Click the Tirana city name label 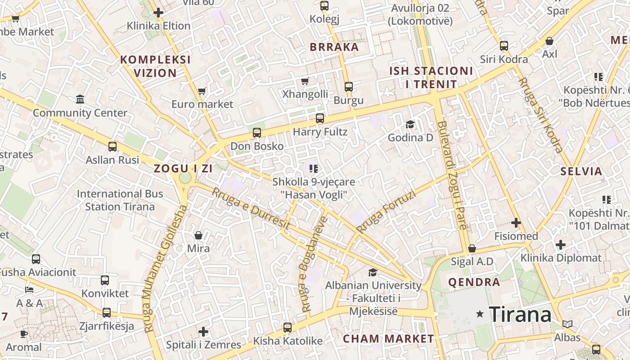pyautogui.click(x=520, y=314)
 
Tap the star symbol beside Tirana pyautogui.click(x=480, y=314)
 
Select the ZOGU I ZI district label pyautogui.click(x=183, y=169)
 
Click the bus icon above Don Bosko pyautogui.click(x=257, y=133)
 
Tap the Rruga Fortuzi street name pyautogui.click(x=385, y=211)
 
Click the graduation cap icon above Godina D pyautogui.click(x=410, y=124)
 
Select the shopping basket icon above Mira pyautogui.click(x=198, y=235)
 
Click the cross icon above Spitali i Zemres pyautogui.click(x=203, y=332)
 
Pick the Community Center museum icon pyautogui.click(x=80, y=99)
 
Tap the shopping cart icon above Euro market pyautogui.click(x=202, y=91)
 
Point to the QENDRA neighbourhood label pyautogui.click(x=474, y=283)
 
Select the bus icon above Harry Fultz pyautogui.click(x=320, y=118)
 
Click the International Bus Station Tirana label pyautogui.click(x=120, y=200)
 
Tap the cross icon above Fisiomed pyautogui.click(x=516, y=223)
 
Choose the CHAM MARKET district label pyautogui.click(x=388, y=339)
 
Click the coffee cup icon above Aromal pyautogui.click(x=24, y=334)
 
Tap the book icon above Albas pyautogui.click(x=567, y=324)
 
